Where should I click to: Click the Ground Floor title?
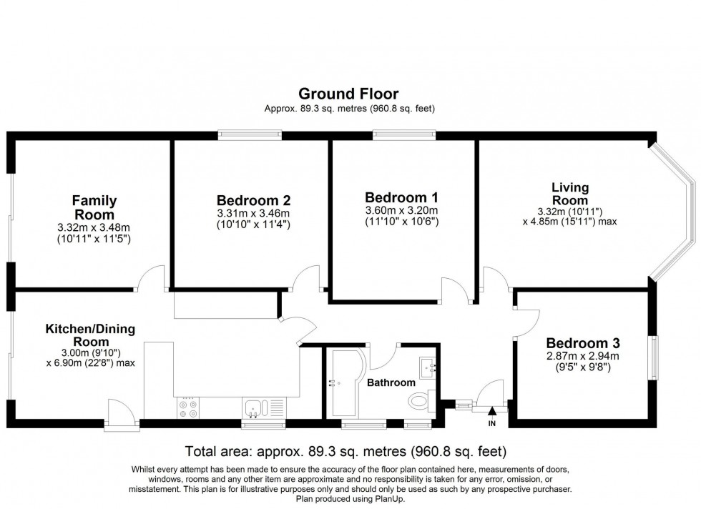click(348, 94)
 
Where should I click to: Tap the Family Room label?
click(94, 207)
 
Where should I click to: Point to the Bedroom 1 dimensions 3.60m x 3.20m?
click(401, 210)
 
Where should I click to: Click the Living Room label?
click(570, 194)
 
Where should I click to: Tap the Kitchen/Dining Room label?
click(90, 335)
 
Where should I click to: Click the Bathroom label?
click(391, 382)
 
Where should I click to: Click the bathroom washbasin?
click(430, 368)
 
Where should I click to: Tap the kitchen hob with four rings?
click(187, 407)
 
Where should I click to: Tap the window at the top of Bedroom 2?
click(250, 133)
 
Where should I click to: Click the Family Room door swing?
click(153, 277)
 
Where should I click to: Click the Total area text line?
click(345, 452)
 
